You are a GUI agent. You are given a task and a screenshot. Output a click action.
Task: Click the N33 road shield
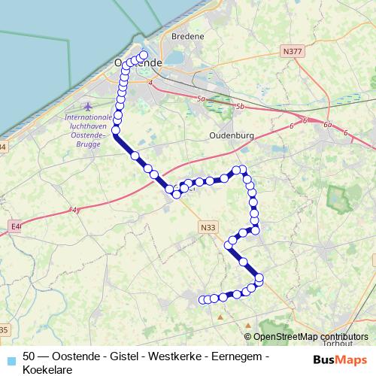(208, 226)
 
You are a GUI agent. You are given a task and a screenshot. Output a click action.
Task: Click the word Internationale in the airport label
(88, 117)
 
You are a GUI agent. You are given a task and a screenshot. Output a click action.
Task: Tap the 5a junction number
(199, 99)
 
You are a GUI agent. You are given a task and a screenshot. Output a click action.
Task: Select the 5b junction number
(239, 108)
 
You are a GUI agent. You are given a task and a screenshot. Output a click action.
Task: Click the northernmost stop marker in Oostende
(144, 55)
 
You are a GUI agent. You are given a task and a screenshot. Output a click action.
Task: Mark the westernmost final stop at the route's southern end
(202, 300)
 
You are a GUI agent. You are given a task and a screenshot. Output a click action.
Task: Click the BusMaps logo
(340, 359)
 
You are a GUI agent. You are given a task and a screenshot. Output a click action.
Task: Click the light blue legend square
(11, 359)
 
